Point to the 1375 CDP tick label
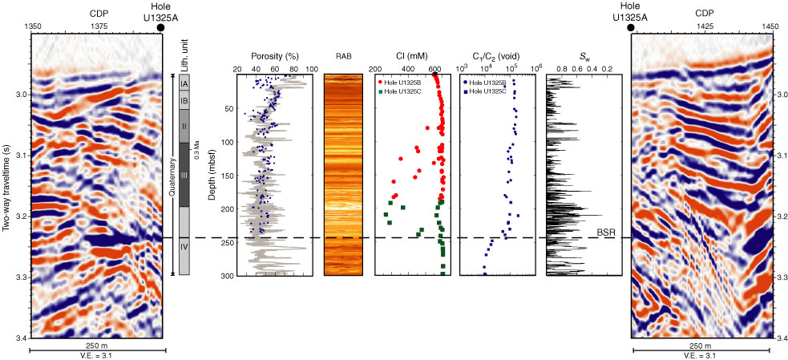pos(99,26)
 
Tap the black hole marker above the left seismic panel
pos(161,27)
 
